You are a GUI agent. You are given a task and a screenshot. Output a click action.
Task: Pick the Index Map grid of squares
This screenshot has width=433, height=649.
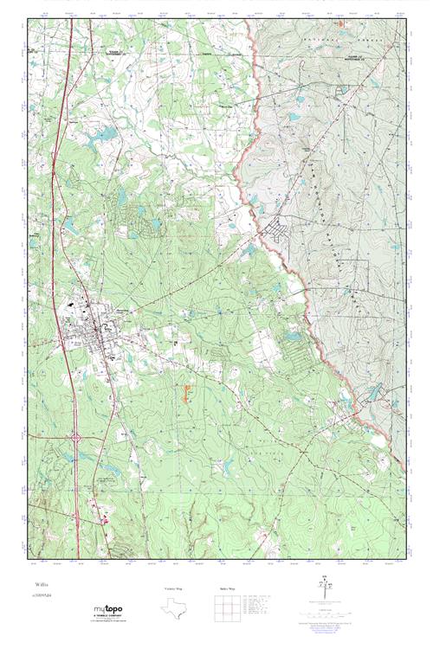(x=229, y=608)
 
